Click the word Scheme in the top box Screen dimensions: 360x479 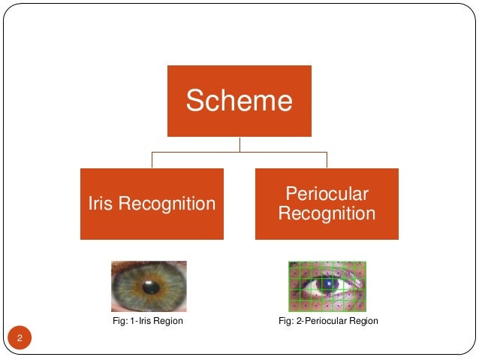pos(239,100)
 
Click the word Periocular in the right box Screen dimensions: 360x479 pos(327,194)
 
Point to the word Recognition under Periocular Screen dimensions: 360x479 pos(327,213)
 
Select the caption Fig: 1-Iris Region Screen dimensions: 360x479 pos(147,322)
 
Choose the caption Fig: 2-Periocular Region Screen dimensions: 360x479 pos(328,322)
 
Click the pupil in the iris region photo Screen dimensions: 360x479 pos(150,286)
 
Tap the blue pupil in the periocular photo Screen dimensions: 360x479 pos(327,284)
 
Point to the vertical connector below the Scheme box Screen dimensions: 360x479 pos(239,144)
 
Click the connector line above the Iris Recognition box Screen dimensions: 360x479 pos(152,159)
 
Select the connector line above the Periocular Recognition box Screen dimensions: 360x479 pos(327,159)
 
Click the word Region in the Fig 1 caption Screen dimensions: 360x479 pos(170,322)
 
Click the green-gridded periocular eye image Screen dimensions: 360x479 pos(327,286)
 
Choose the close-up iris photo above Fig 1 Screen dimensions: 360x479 pos(149,286)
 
